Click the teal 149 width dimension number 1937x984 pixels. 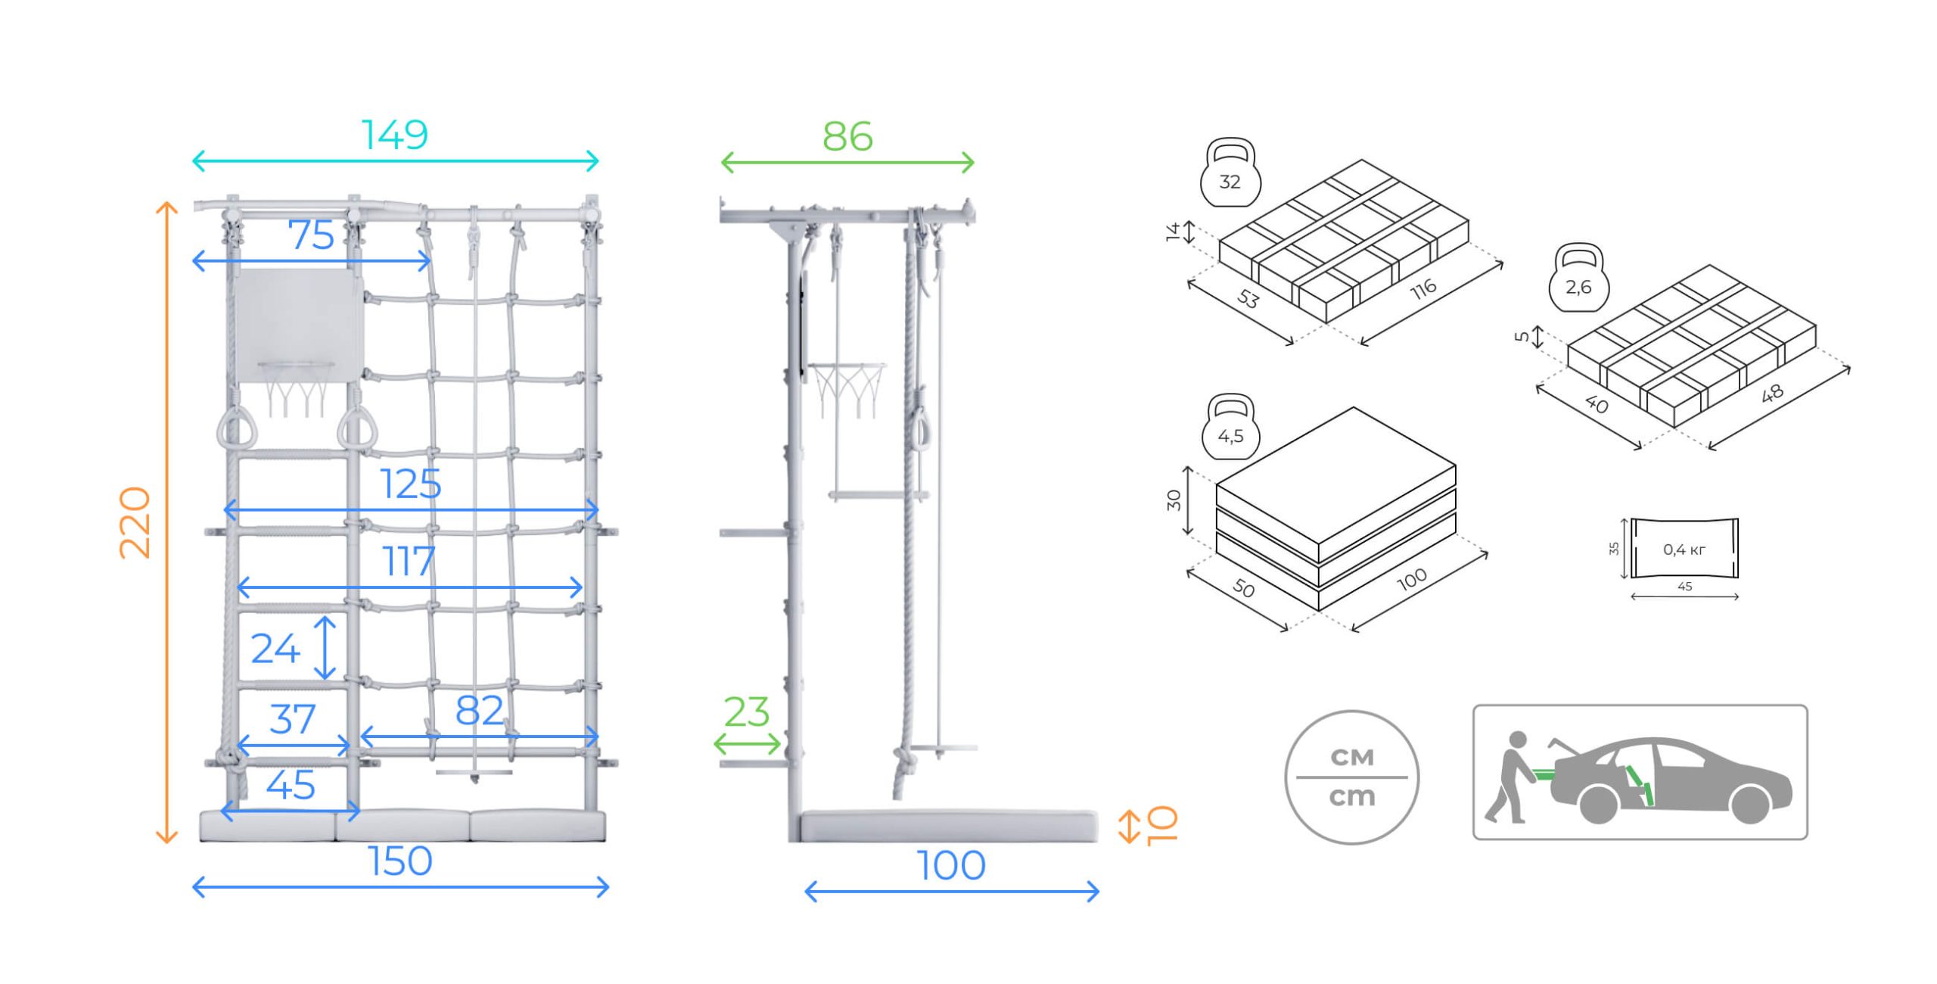pos(395,135)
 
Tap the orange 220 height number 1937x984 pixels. pos(136,522)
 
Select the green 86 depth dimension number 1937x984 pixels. pos(847,137)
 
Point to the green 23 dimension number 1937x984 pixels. pos(747,712)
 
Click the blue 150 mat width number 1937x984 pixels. pos(400,861)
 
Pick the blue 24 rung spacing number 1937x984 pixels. pos(275,649)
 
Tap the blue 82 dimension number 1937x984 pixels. pos(479,711)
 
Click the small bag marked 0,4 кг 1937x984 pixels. pos(1684,549)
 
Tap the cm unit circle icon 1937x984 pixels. pos(1351,777)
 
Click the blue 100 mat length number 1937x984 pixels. pos(951,866)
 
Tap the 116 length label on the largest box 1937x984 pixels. pos(1423,288)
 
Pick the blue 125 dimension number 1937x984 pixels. pos(410,484)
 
